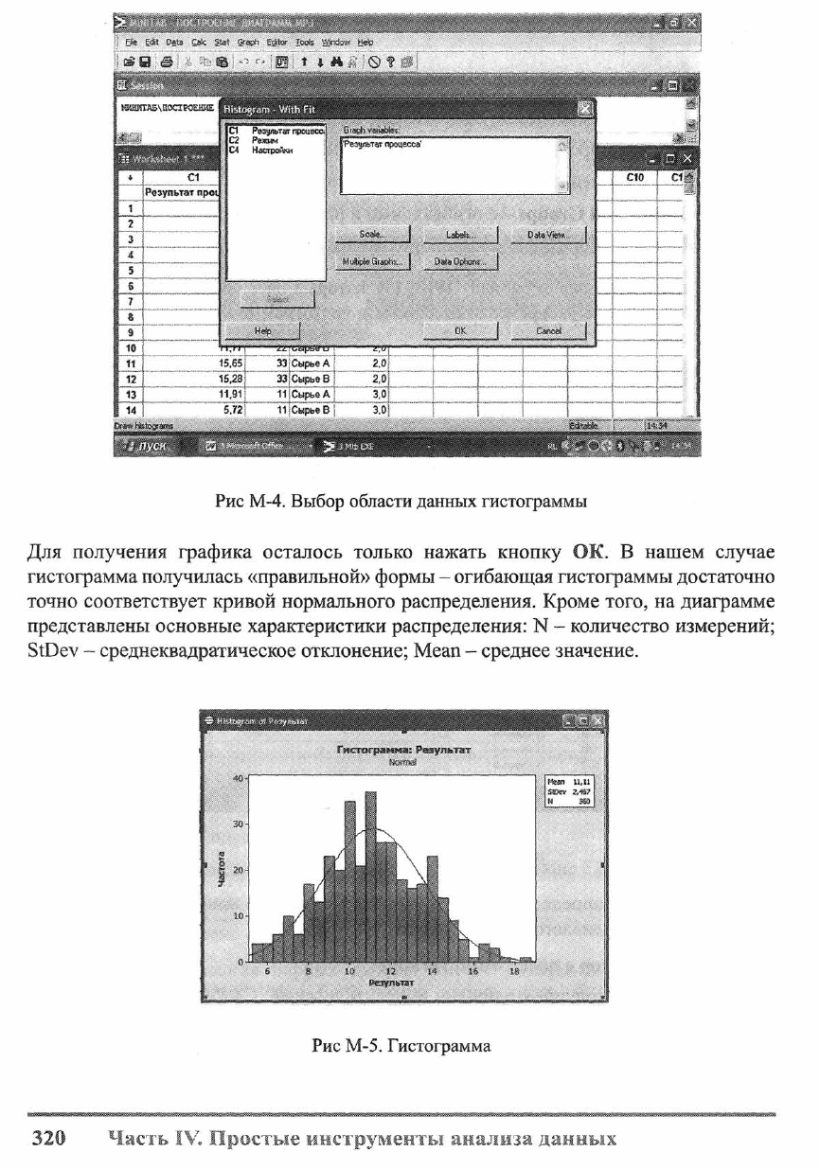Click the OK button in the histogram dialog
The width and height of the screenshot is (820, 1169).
(459, 330)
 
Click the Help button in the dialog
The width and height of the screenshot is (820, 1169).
(261, 330)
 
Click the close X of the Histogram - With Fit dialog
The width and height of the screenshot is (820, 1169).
(584, 110)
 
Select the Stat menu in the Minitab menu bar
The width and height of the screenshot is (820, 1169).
(222, 43)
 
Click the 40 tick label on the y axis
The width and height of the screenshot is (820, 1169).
(238, 778)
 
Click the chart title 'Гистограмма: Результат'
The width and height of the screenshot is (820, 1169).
(403, 750)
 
